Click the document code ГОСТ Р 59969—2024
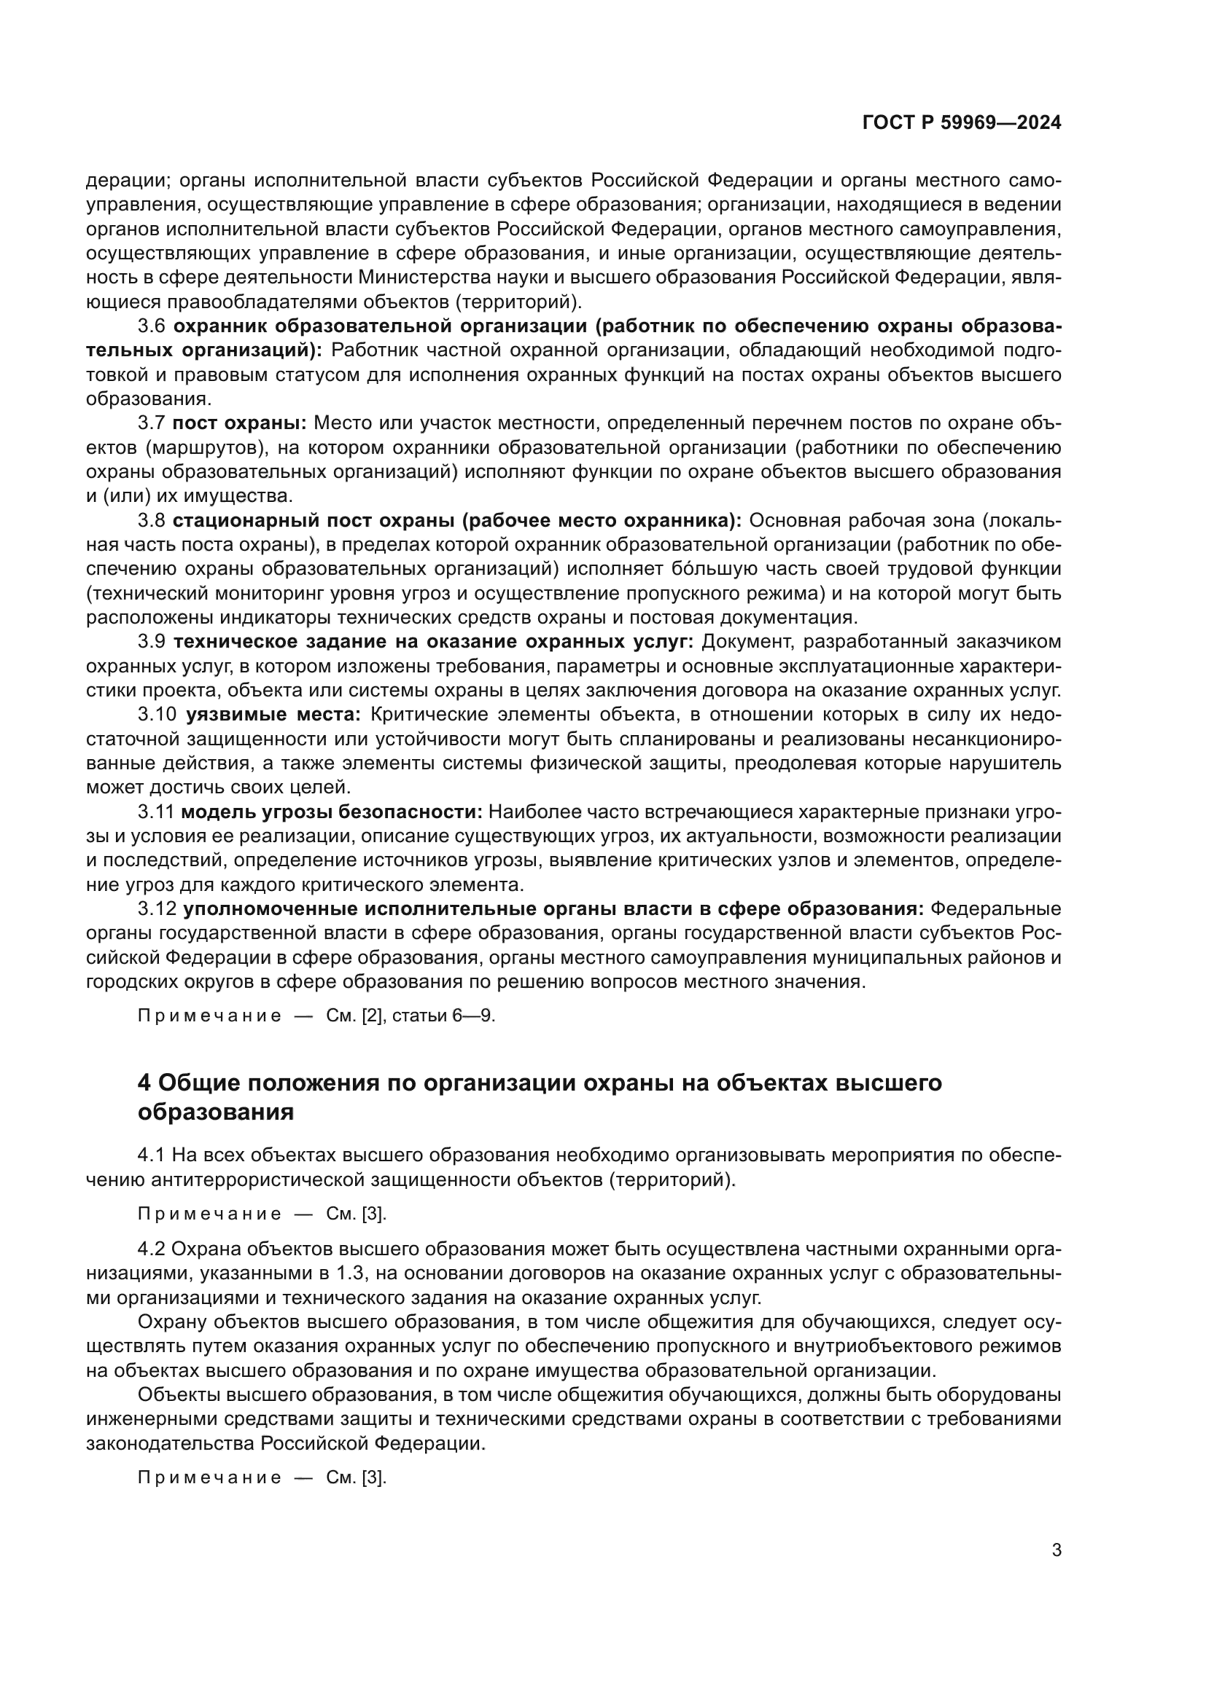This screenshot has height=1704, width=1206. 961,123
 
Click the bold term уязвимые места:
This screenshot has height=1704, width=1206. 273,715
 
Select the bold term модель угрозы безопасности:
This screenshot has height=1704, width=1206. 331,812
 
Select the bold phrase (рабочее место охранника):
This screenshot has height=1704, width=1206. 602,521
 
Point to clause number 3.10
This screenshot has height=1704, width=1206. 157,715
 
